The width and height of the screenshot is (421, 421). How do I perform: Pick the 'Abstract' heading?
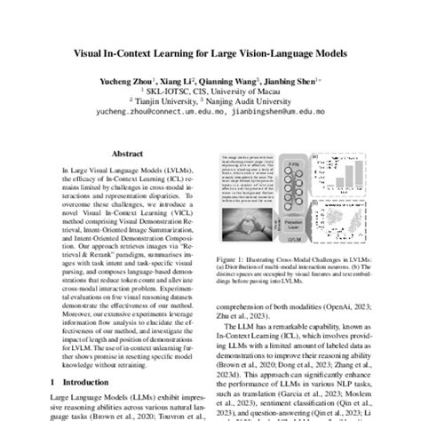[x=116, y=153]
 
